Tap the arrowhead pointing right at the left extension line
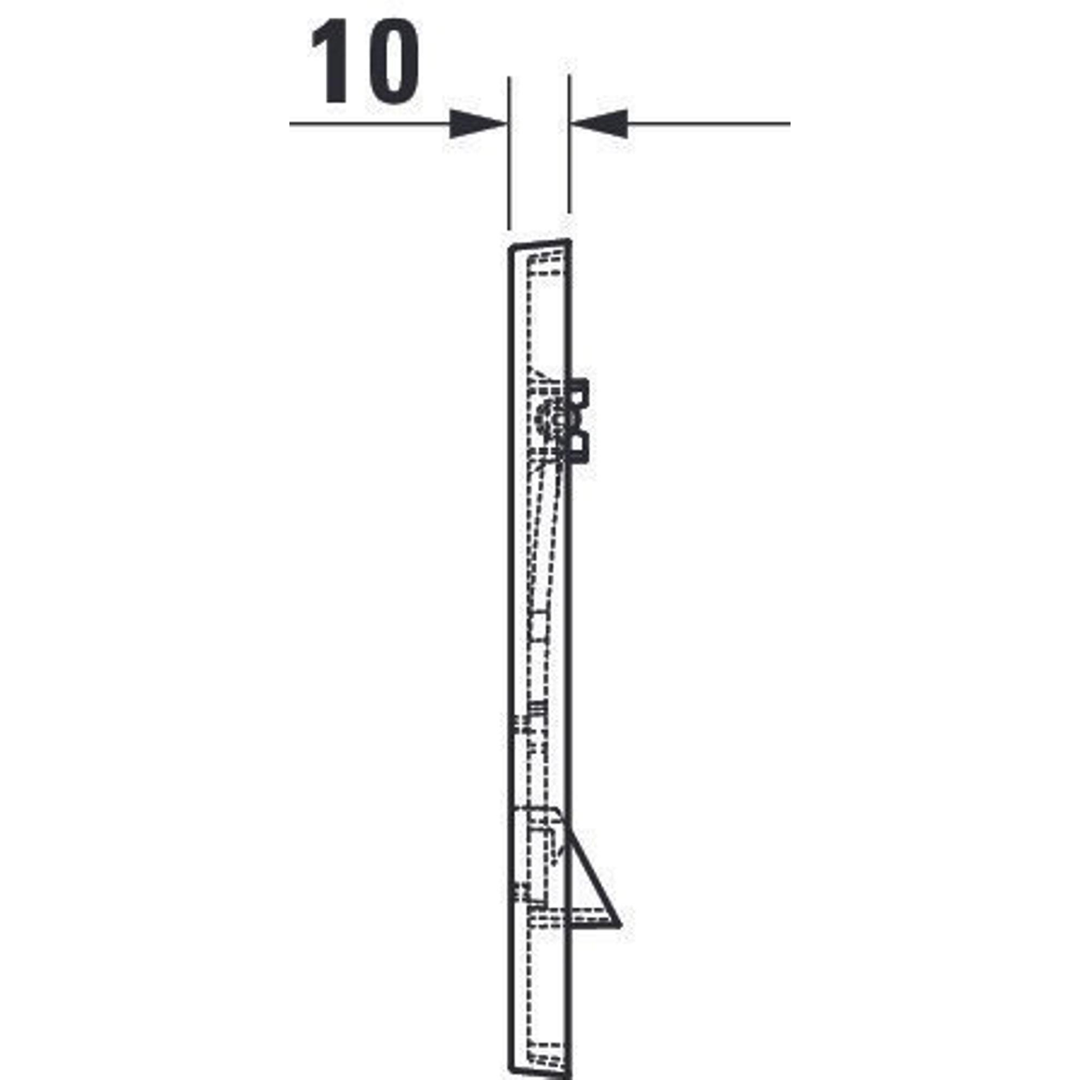pos(478,124)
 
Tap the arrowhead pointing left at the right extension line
pos(600,124)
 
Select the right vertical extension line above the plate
pos(569,144)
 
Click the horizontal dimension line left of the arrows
pos(369,124)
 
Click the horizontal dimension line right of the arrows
pos(709,124)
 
